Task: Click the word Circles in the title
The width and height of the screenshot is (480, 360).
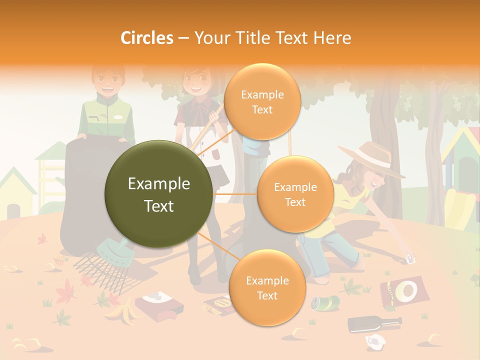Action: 147,37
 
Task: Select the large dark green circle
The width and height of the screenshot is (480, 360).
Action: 159,194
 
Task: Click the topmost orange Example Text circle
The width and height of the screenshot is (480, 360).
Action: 262,102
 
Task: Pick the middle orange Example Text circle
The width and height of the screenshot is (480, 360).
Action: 295,194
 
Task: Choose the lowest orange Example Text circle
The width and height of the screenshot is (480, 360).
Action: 267,288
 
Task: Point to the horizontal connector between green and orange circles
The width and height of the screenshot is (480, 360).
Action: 235,194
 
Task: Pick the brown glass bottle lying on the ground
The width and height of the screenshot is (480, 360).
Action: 374,323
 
